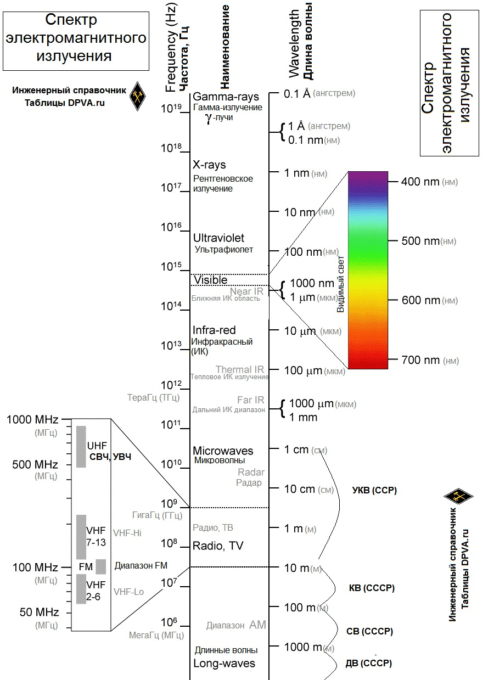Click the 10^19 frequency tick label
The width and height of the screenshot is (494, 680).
coord(171,108)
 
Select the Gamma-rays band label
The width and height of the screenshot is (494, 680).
coord(226,97)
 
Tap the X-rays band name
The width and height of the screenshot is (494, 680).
coord(209,165)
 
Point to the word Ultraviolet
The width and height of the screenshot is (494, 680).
coord(218,238)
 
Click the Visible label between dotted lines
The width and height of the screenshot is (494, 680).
coord(210,280)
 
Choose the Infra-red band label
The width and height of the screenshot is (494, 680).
coord(214,330)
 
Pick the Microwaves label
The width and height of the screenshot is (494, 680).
coord(223,451)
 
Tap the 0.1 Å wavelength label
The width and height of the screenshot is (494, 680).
coord(297,94)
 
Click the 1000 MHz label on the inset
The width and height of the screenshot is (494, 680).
coord(32,419)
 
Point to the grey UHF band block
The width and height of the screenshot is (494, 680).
coord(81,447)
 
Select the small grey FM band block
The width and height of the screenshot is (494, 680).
coord(101,567)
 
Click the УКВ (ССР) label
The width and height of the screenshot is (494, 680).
coord(374,490)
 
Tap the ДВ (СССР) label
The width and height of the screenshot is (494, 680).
coord(369,664)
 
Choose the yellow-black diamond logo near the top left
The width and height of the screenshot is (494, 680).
coord(138,96)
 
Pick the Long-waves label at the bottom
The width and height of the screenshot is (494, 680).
coord(224,664)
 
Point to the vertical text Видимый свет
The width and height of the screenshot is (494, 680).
coord(341,284)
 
